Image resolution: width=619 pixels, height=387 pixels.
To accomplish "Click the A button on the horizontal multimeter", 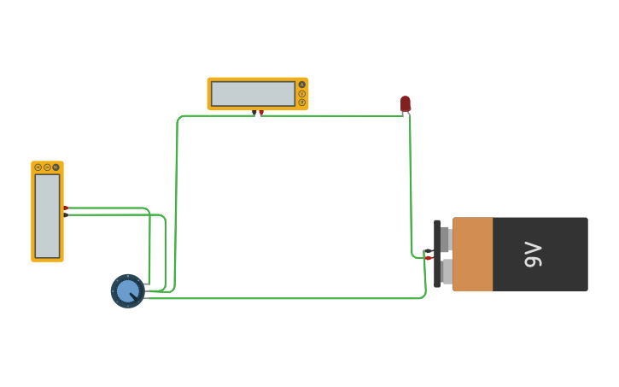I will (x=301, y=85).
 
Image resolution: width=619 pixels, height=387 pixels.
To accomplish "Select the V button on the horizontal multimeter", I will (x=301, y=93).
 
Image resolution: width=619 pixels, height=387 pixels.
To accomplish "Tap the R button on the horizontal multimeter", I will (x=301, y=103).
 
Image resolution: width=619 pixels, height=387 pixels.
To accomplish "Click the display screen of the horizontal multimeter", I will (x=253, y=94).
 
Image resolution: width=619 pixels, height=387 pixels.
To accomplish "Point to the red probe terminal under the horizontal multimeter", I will (x=261, y=112).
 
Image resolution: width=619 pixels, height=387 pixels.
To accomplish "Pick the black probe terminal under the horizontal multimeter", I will (x=254, y=112).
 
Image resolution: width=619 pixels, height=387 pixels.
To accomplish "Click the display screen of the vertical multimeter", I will (x=47, y=215).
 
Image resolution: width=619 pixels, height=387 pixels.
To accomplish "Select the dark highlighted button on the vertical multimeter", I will (x=56, y=167).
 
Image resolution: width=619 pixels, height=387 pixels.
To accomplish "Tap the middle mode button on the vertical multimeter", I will (x=47, y=167).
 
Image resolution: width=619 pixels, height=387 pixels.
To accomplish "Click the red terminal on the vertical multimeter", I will (x=65, y=208).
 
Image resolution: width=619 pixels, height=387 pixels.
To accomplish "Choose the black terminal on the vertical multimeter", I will (x=65, y=214).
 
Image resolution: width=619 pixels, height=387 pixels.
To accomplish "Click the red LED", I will (x=406, y=103).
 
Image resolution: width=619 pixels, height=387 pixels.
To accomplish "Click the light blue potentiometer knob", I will (x=127, y=291).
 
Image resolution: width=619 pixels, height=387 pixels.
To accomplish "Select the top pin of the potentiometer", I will (x=147, y=284).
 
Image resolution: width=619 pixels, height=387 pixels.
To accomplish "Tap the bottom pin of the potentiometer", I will (x=147, y=298).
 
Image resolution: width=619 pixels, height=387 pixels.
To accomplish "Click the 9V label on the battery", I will (x=533, y=255).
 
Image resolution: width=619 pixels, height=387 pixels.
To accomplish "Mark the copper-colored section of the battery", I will (x=472, y=255).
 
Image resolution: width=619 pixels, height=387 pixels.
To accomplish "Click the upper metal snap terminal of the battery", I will (x=444, y=239).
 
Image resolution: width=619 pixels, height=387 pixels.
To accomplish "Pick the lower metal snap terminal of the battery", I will (x=446, y=272).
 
